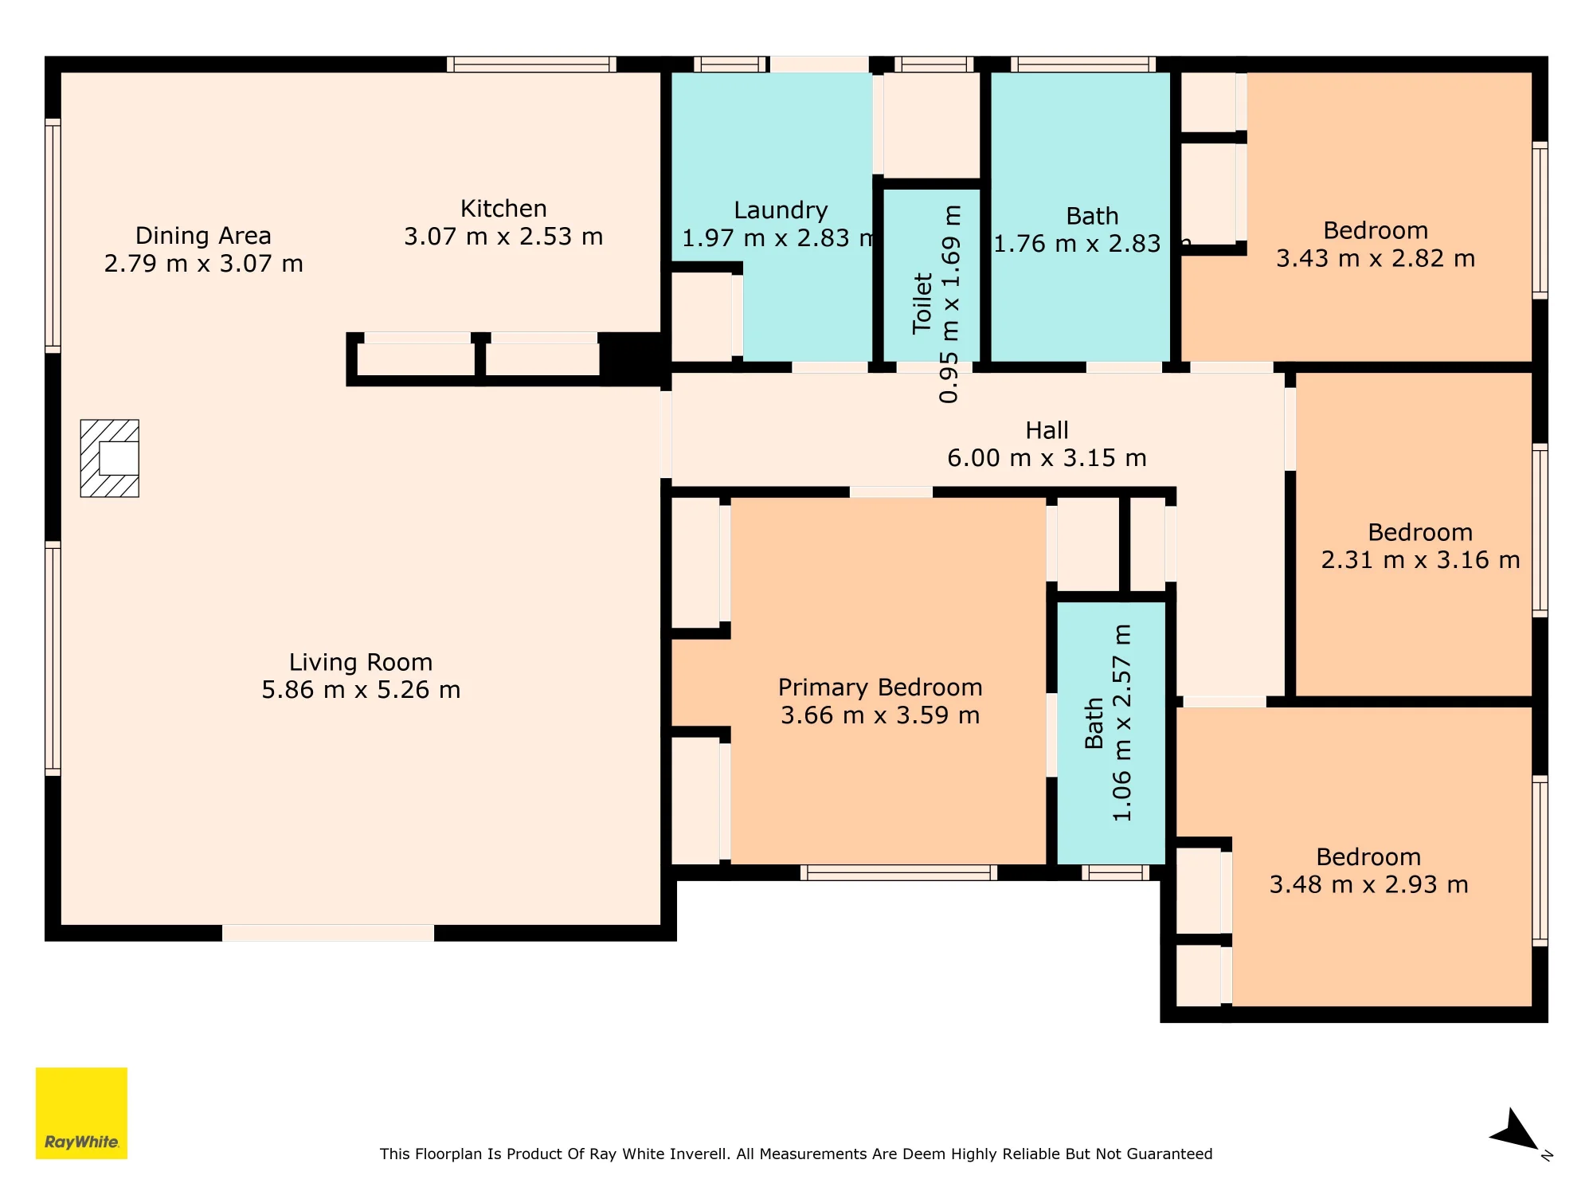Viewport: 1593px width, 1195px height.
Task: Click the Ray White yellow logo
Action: pyautogui.click(x=81, y=1113)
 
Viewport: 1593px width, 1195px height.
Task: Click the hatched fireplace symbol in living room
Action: pyautogui.click(x=110, y=458)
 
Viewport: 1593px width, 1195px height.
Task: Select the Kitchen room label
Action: pyautogui.click(x=503, y=209)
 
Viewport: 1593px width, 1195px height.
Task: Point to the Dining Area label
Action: pyautogui.click(x=203, y=236)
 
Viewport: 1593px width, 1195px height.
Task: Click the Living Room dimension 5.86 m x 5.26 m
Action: pyautogui.click(x=361, y=690)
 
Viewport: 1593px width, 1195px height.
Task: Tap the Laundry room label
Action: pyautogui.click(x=781, y=210)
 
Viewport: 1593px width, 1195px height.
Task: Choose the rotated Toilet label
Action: pyautogui.click(x=922, y=303)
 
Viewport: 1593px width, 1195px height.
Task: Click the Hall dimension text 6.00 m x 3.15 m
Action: pyautogui.click(x=1047, y=458)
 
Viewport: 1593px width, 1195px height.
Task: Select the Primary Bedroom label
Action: pyautogui.click(x=880, y=688)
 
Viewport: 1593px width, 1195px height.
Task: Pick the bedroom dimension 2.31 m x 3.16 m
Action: pyautogui.click(x=1420, y=560)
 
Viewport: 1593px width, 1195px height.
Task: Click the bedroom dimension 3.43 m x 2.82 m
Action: pyautogui.click(x=1376, y=258)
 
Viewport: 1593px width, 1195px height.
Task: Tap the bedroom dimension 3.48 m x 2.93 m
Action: pyautogui.click(x=1368, y=884)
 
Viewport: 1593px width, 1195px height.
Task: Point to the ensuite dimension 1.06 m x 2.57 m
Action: pyautogui.click(x=1121, y=723)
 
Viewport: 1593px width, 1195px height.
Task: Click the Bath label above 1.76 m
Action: pyautogui.click(x=1092, y=216)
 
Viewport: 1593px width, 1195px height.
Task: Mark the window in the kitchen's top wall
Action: pyautogui.click(x=531, y=64)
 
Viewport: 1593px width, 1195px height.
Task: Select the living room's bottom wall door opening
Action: pyautogui.click(x=328, y=933)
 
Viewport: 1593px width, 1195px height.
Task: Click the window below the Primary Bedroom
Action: pyautogui.click(x=898, y=872)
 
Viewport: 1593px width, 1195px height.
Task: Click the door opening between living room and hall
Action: pyautogui.click(x=666, y=435)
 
